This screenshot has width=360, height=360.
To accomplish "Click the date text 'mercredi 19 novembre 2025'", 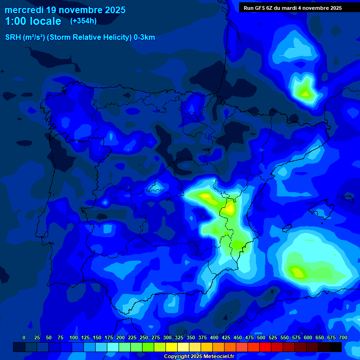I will coord(65,10).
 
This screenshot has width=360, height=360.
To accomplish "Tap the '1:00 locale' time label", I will coord(33,21).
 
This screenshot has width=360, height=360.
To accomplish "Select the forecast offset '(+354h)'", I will coord(83,21).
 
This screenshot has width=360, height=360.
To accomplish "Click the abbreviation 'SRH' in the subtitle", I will coord(13,37).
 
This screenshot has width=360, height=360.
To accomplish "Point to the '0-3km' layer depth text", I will coord(144,37).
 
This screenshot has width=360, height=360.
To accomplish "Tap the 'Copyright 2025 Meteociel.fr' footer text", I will coord(199,357).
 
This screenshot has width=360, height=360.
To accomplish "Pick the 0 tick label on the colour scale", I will coord(24,337).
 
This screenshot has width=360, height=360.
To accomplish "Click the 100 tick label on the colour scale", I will coord(74,337).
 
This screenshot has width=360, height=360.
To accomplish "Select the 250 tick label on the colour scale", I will coord(144,337).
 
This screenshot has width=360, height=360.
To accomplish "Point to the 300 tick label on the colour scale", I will coord(167,337).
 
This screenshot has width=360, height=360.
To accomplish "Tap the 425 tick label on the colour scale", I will coord(226,337).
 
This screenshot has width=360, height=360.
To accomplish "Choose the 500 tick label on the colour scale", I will coord(261,337).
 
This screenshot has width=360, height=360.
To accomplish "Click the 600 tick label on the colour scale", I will coord(308,337).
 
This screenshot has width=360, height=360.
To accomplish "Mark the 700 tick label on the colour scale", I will coord(343,337).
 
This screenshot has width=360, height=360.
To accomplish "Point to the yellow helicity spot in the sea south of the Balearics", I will coord(297,271).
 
